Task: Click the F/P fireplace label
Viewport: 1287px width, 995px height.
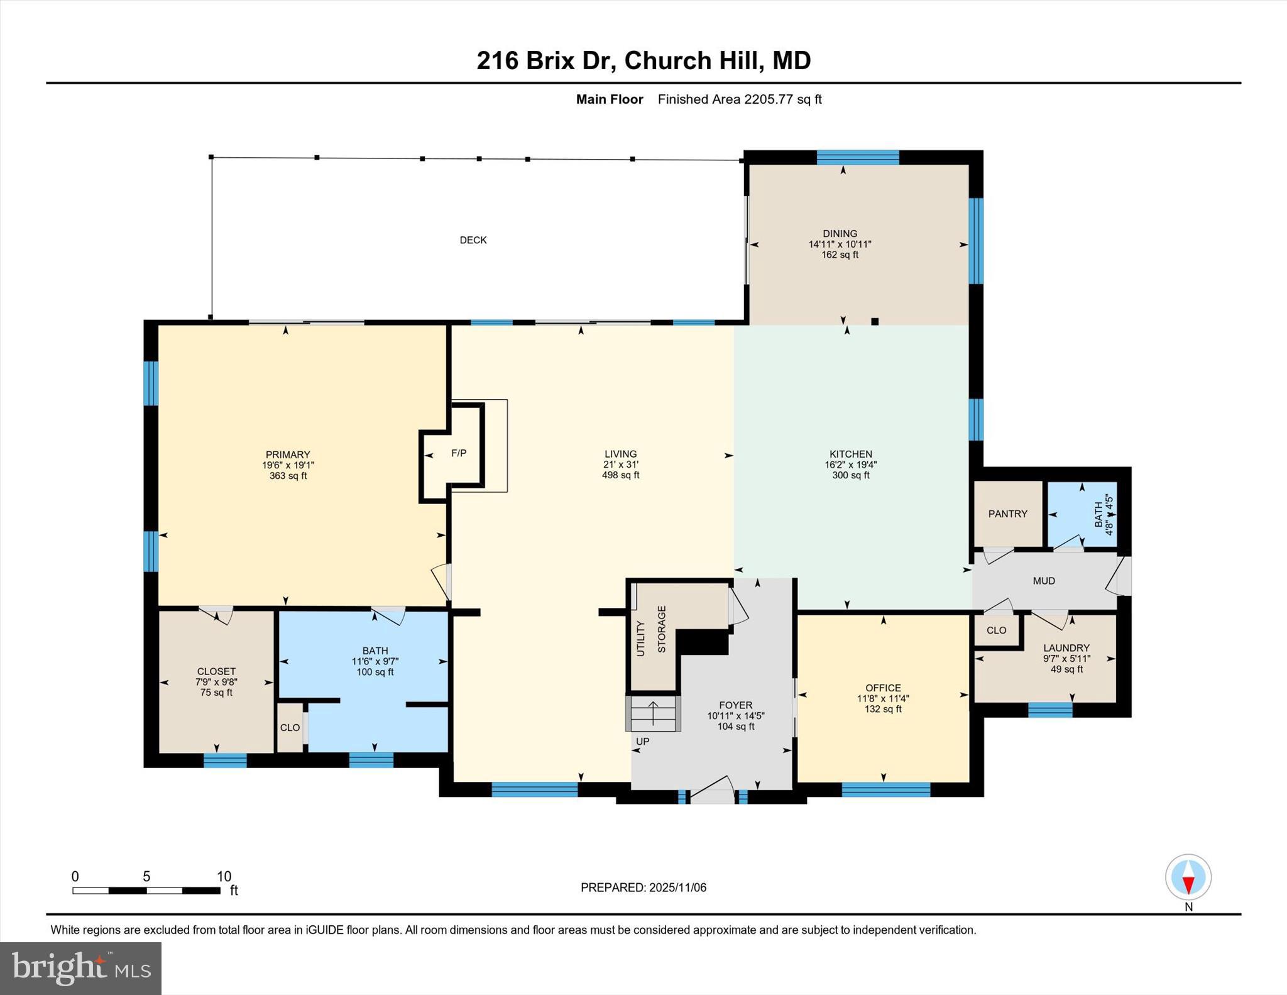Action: point(459,453)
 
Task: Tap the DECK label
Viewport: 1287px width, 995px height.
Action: point(473,240)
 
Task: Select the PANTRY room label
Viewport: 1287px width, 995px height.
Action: point(1007,514)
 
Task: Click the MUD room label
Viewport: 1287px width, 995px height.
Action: point(1044,581)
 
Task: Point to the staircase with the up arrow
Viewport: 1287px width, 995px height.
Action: point(654,713)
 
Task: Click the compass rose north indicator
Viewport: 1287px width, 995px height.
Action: point(1188,877)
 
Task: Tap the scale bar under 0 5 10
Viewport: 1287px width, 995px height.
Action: point(146,891)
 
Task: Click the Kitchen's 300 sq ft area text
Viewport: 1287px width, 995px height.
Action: point(850,476)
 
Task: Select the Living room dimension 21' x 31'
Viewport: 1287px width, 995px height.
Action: point(620,465)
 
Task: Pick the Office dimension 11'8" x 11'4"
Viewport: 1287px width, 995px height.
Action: point(883,698)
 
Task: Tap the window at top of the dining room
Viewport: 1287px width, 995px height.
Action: point(857,157)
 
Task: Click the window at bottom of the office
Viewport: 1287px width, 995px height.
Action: point(885,789)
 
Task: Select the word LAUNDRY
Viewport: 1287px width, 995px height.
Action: point(1066,648)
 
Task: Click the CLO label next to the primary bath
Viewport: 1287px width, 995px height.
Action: point(290,727)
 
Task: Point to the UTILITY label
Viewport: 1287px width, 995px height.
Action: point(640,639)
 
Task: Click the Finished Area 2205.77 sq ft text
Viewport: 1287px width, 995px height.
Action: point(740,99)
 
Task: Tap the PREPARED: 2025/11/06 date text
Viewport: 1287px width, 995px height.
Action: point(643,888)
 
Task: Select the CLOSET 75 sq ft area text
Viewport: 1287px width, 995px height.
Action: point(216,693)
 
